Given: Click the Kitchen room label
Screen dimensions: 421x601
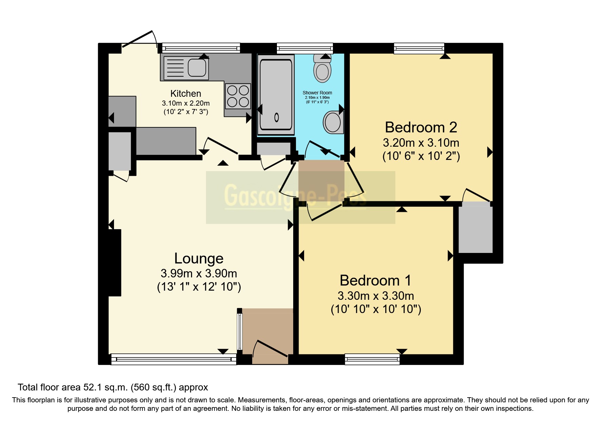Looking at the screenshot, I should point(186,93).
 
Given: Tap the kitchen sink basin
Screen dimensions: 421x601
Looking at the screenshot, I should point(197,68).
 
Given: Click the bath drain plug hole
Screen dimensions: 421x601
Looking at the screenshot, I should point(277,117).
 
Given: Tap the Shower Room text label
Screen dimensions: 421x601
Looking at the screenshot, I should point(317,93).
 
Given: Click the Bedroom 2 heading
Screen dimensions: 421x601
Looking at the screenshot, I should point(421,127).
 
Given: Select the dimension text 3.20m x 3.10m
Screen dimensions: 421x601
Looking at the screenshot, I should point(421,142).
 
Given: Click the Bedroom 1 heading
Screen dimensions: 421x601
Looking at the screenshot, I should point(375,280).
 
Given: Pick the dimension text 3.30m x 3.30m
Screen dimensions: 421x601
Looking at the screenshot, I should point(376,296).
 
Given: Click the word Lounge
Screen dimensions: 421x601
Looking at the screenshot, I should point(199,258).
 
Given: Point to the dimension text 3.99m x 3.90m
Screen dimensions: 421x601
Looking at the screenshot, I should point(199,273).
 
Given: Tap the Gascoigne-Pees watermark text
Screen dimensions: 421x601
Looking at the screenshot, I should point(295,197).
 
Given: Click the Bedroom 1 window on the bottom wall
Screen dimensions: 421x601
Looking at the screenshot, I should point(372,359).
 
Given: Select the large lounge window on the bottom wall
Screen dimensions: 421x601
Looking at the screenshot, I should point(174,359).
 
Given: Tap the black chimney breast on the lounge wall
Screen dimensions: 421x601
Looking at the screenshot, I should point(115,262).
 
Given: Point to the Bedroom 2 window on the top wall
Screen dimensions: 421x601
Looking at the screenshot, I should point(419,48).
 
